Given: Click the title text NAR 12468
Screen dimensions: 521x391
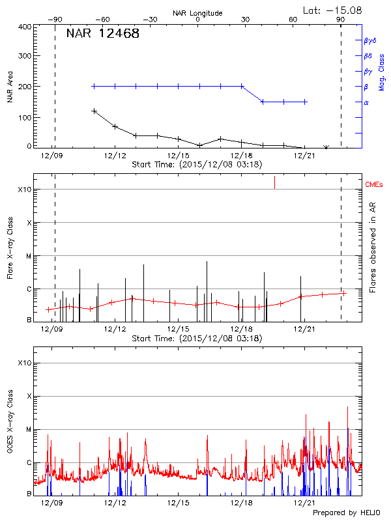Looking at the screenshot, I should (102, 34).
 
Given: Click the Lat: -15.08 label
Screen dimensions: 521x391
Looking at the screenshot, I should (333, 9).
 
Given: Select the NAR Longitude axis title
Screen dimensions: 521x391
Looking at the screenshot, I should (197, 13).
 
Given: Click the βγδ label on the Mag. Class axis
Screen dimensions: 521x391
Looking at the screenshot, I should (369, 40).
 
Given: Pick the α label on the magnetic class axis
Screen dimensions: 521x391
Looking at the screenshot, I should (366, 102).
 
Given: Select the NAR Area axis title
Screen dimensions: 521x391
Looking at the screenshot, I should (10, 87).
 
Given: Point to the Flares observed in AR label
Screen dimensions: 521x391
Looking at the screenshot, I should (373, 247).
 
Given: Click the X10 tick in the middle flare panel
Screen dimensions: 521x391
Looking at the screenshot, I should (24, 190).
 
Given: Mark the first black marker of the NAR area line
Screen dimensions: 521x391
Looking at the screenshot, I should (94, 111).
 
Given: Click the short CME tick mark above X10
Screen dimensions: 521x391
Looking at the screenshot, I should (274, 182).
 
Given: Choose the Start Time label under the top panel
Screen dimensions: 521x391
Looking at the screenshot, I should (197, 165).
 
